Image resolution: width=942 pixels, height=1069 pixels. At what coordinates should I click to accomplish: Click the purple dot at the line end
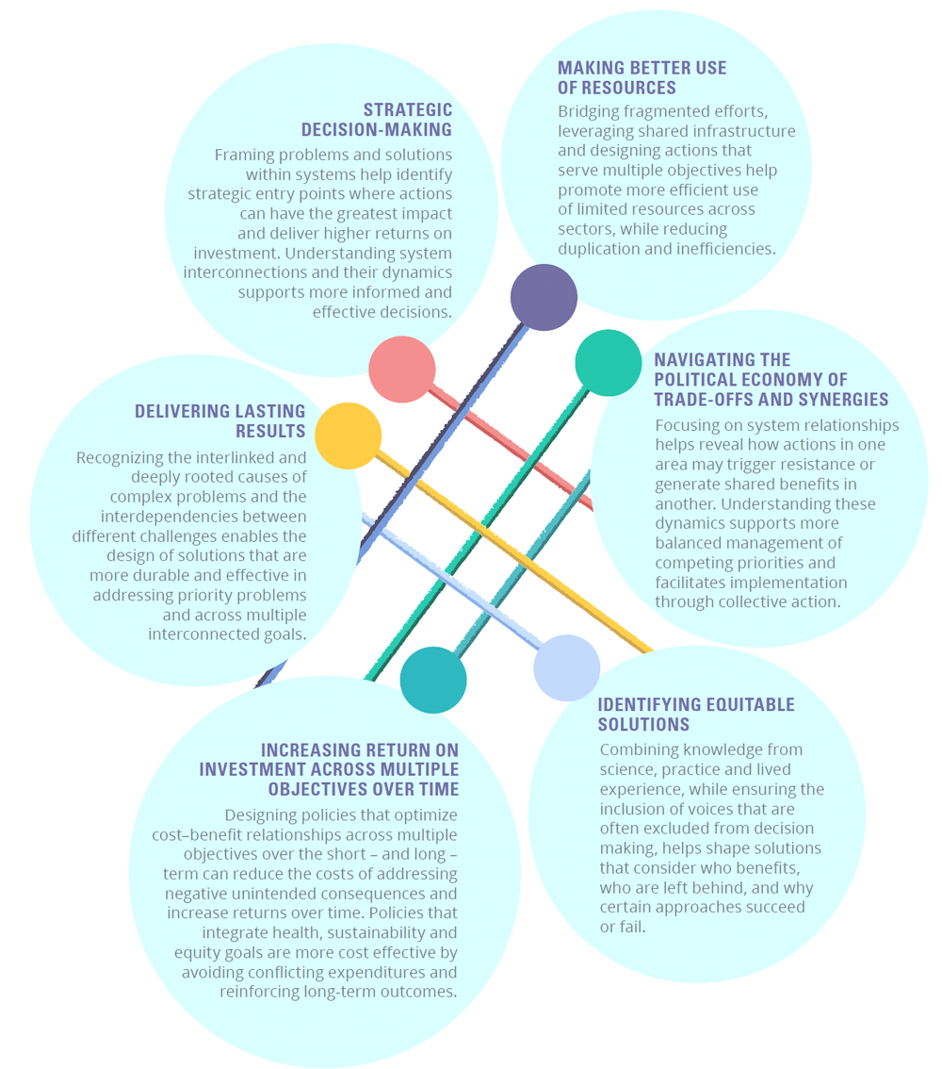tap(544, 297)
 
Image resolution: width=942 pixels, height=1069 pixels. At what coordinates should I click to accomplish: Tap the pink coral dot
tap(402, 370)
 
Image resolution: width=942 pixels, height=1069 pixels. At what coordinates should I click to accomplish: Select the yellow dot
tap(348, 436)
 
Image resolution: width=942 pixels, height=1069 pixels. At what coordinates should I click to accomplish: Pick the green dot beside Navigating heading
tap(609, 363)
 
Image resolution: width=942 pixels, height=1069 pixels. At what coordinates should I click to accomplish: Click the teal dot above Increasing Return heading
tap(433, 680)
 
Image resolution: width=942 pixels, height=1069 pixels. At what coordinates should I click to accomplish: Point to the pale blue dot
tap(566, 667)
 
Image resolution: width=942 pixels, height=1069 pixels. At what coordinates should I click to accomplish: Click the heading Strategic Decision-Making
tap(377, 120)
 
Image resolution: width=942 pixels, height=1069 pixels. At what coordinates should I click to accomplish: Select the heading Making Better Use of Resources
tap(642, 77)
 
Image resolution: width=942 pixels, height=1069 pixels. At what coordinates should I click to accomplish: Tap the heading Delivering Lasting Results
tap(220, 420)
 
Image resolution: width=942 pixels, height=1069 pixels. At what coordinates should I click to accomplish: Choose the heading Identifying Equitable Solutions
tap(696, 715)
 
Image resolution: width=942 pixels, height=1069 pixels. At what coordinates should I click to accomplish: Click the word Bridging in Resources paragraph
tap(589, 111)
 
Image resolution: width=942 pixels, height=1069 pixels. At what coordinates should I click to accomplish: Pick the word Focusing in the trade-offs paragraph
tap(690, 425)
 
